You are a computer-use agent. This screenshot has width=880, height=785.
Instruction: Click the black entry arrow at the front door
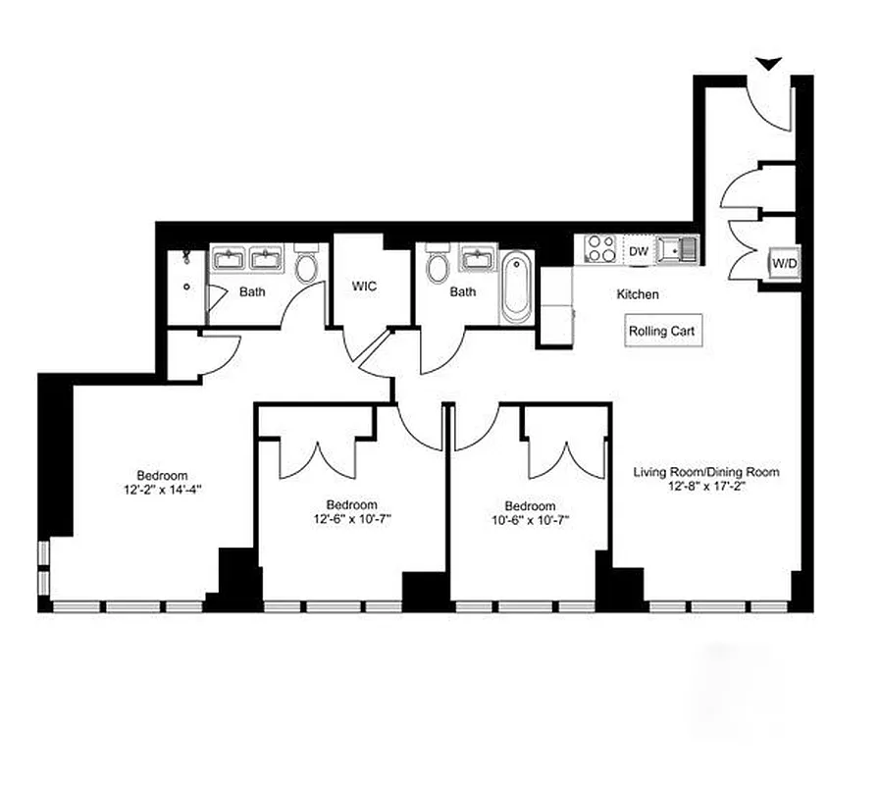click(x=769, y=64)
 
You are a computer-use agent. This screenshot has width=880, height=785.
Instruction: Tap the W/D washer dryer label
click(x=783, y=264)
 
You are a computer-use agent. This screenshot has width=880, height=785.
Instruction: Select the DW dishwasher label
click(x=638, y=252)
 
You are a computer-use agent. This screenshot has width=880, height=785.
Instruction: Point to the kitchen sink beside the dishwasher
click(x=678, y=250)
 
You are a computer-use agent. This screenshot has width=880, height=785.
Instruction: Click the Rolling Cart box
click(x=661, y=331)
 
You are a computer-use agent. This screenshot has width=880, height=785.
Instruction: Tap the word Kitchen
click(x=638, y=294)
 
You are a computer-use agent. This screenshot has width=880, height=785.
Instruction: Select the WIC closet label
click(x=365, y=288)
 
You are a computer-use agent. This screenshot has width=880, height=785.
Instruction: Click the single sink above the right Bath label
click(x=478, y=259)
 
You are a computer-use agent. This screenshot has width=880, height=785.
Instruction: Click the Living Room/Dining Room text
click(x=706, y=472)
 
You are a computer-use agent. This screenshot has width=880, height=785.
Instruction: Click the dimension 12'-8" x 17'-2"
click(x=706, y=486)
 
